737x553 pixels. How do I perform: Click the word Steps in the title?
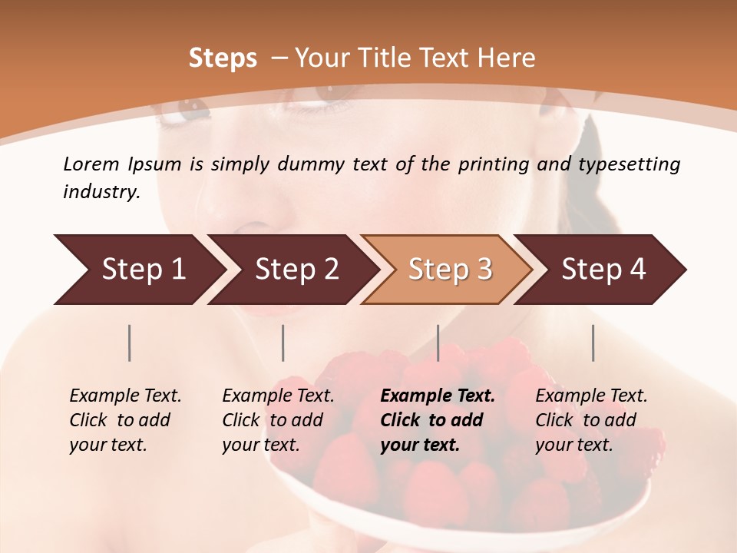tap(223, 58)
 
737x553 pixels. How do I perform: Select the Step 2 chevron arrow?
tap(296, 269)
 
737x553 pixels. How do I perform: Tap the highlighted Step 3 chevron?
tap(449, 269)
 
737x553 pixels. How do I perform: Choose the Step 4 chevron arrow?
tap(603, 269)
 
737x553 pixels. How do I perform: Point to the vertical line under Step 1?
tap(130, 343)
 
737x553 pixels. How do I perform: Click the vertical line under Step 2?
tap(283, 343)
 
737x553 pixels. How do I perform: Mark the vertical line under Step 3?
tap(438, 343)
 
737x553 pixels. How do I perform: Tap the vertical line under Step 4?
tap(593, 343)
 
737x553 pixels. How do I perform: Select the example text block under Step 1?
tap(125, 419)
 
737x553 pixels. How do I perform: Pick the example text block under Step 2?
tap(278, 419)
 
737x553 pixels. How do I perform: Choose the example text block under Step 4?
tap(591, 419)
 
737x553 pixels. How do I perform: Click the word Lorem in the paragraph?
tap(91, 164)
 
